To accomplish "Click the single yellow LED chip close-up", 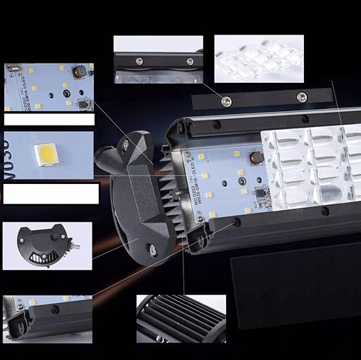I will pyautogui.click(x=46, y=153).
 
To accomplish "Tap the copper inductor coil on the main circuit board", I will pyautogui.click(x=255, y=158).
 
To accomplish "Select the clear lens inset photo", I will pyautogui.click(x=258, y=58).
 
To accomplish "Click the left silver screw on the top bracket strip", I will pyautogui.click(x=226, y=100).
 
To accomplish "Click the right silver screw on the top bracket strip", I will pyautogui.click(x=302, y=97).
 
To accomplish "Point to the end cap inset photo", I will pyautogui.click(x=47, y=245).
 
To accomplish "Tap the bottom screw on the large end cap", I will pyautogui.click(x=152, y=250).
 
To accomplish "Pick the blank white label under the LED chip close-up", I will pyautogui.click(x=51, y=193).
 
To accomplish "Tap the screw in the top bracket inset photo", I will pyautogui.click(x=140, y=61).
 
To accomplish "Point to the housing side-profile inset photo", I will pyautogui.click(x=47, y=316).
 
